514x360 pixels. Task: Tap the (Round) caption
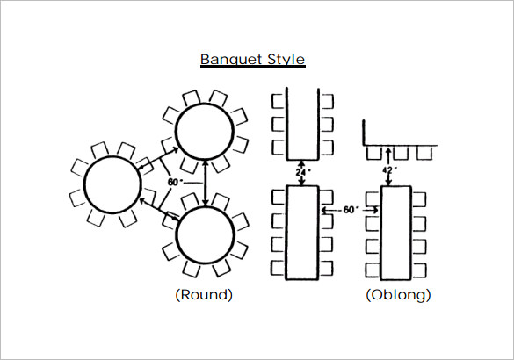tap(205, 295)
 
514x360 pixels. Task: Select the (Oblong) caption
tap(398, 295)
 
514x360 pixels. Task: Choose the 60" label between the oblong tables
tap(351, 210)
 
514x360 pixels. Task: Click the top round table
tap(205, 132)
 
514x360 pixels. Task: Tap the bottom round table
tap(206, 235)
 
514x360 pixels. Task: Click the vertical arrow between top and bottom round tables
tap(206, 183)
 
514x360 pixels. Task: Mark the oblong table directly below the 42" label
tap(396, 231)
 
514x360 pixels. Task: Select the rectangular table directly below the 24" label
tap(303, 230)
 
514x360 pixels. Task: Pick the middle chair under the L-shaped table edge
tap(399, 153)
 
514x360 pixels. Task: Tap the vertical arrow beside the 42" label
tap(389, 167)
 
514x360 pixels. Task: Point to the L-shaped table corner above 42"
tap(366, 143)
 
